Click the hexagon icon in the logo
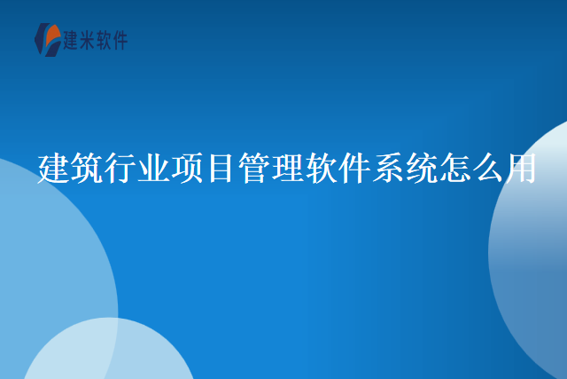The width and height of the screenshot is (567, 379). pyautogui.click(x=47, y=40)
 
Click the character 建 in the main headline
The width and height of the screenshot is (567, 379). pyautogui.click(x=54, y=167)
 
